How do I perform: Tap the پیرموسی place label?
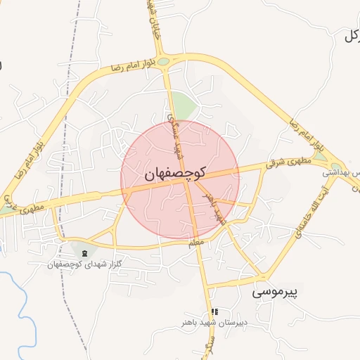tap(275, 290)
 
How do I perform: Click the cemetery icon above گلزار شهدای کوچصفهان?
tap(85, 253)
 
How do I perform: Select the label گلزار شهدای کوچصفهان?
tap(84, 264)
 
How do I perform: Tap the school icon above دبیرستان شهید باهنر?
tap(215, 311)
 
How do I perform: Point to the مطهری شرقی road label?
tap(287, 164)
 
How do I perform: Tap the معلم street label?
tap(197, 243)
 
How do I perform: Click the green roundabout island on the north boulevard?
tap(164, 61)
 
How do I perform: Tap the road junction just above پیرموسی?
tap(264, 274)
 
